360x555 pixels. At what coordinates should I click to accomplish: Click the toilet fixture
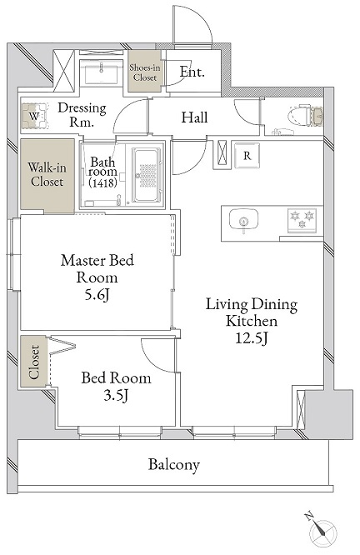tap(306, 115)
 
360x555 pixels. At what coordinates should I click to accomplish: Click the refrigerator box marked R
tap(247, 155)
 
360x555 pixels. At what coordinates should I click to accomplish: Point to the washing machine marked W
tap(34, 116)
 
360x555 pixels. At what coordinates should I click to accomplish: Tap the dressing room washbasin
tap(101, 72)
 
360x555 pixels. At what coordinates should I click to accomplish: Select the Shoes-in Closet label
tap(145, 72)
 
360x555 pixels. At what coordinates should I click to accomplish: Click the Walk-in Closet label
tap(47, 174)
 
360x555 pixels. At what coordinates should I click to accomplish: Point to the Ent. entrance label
tap(192, 72)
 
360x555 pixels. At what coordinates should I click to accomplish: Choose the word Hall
tap(194, 117)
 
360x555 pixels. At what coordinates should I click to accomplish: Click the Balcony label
tap(174, 464)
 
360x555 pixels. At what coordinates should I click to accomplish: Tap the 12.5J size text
tap(252, 338)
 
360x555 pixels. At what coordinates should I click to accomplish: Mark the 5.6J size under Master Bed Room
tap(97, 294)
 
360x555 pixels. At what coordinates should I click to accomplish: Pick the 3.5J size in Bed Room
tap(116, 395)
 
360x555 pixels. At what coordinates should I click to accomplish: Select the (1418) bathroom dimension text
tap(103, 182)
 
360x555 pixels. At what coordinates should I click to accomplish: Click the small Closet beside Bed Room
tap(34, 362)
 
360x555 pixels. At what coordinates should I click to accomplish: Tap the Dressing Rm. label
tap(82, 114)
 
